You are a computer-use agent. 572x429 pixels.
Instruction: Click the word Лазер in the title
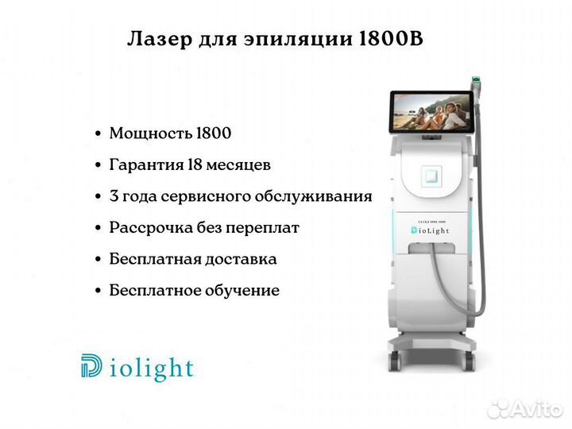tap(160, 40)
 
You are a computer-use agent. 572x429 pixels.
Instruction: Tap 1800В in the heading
tap(391, 39)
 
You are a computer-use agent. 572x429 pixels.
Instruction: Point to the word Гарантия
tap(147, 165)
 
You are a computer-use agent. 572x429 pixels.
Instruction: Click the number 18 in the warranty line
tap(195, 164)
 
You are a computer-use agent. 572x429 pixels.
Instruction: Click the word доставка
tap(241, 259)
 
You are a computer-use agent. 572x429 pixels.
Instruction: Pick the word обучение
tap(242, 291)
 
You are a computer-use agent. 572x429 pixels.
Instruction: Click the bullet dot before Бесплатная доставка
tap(98, 259)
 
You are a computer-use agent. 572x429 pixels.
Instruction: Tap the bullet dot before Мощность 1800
tap(98, 133)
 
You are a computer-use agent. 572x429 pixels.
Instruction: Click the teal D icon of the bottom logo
tap(91, 365)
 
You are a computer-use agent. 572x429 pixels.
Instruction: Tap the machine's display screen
tap(431, 112)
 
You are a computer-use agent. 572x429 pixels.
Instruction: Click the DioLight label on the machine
tap(430, 230)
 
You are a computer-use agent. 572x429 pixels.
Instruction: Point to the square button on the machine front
tap(431, 176)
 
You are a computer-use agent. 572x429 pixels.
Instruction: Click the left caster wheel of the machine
tap(395, 361)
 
